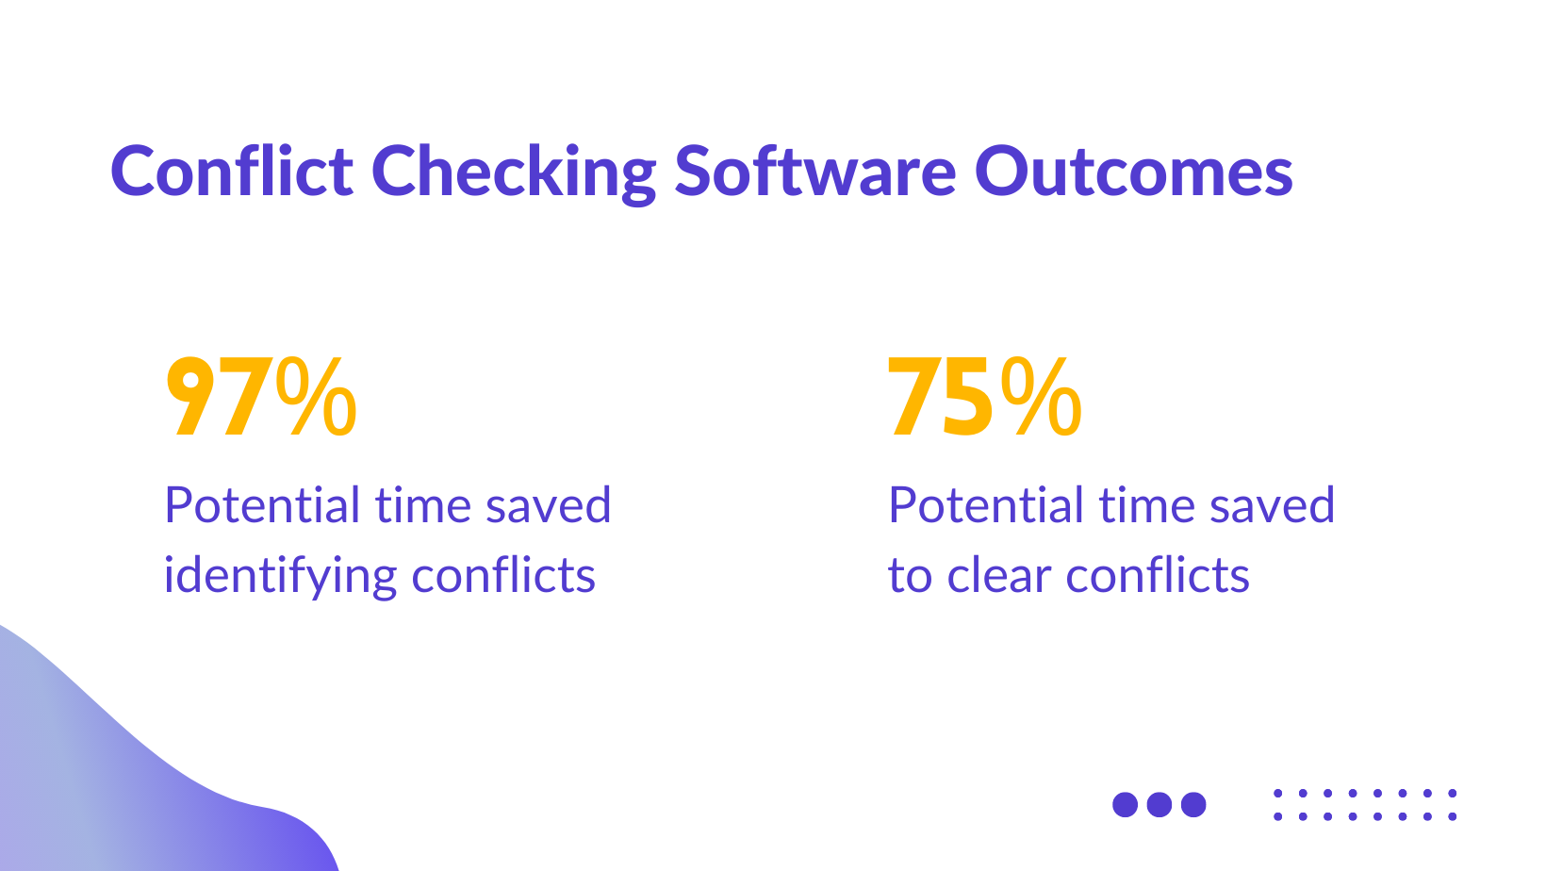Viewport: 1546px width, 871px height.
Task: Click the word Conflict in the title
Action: tap(232, 172)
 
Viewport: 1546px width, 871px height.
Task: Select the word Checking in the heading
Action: tap(513, 173)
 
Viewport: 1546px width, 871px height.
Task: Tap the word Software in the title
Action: tap(814, 172)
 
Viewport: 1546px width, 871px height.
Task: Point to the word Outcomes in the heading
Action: tap(1133, 172)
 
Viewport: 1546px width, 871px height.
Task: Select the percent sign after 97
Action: tap(317, 398)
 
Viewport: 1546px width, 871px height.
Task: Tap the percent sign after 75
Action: tap(1041, 398)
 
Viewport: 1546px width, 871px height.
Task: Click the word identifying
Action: tap(280, 577)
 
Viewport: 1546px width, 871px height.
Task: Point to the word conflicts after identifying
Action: tap(503, 575)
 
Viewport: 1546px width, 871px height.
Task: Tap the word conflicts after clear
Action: tap(1158, 575)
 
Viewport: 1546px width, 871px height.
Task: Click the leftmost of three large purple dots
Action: tap(1126, 804)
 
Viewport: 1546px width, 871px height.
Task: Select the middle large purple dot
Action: tap(1159, 804)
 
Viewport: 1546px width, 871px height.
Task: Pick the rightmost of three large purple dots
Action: tap(1193, 804)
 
